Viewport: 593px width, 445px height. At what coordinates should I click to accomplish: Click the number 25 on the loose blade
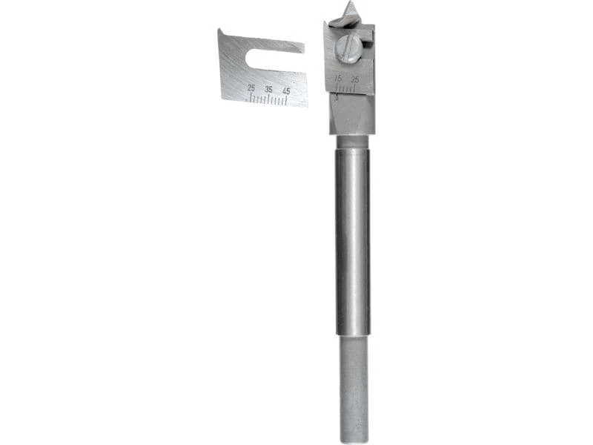point(251,88)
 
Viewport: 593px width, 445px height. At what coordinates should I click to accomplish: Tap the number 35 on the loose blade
point(269,89)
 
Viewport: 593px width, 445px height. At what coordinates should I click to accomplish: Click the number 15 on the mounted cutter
point(338,77)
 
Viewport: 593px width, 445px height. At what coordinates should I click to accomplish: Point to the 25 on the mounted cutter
point(355,79)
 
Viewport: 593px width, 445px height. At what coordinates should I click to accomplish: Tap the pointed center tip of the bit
point(349,7)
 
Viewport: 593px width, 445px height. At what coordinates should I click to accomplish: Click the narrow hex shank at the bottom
point(354,386)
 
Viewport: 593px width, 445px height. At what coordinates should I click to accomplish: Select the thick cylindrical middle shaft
point(352,237)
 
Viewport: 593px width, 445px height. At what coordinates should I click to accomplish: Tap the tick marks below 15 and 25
point(345,88)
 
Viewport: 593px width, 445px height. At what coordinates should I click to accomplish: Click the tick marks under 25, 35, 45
point(268,99)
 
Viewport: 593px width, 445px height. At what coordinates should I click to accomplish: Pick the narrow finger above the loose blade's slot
point(274,44)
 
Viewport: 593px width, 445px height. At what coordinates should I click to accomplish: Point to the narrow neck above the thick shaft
point(351,141)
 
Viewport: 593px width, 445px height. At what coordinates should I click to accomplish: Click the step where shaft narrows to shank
point(353,335)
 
